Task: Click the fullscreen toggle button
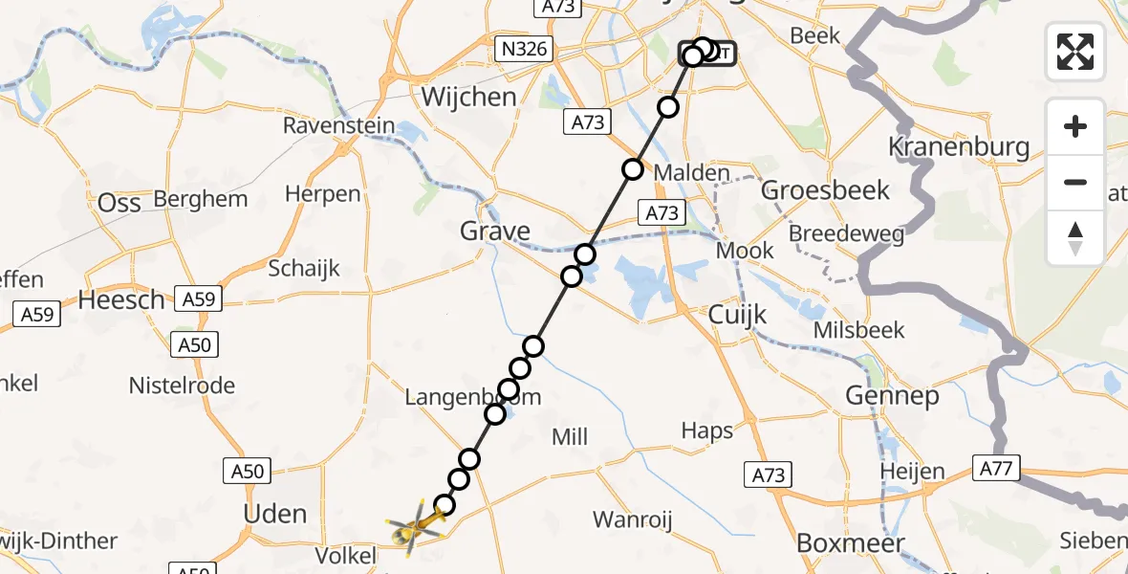click(x=1075, y=51)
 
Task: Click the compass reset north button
click(x=1075, y=238)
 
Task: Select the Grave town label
click(x=495, y=231)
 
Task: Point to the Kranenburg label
click(x=959, y=147)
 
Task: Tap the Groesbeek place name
click(x=826, y=189)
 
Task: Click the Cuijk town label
click(x=738, y=313)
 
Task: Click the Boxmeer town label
click(x=851, y=543)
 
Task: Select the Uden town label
click(x=275, y=514)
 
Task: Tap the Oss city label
click(x=119, y=202)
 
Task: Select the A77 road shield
click(x=997, y=469)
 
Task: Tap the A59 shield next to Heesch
click(x=199, y=299)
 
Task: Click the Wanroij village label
click(x=633, y=520)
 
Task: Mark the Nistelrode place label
click(x=182, y=386)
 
